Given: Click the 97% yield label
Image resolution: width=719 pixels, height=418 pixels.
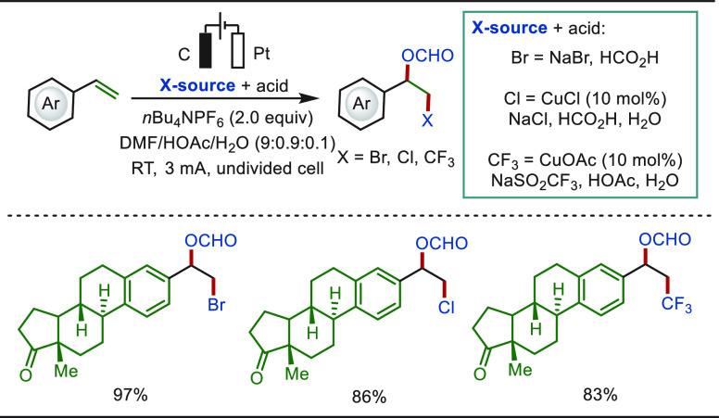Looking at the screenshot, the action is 131,395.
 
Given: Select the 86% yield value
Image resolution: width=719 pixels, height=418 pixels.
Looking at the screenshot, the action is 369,397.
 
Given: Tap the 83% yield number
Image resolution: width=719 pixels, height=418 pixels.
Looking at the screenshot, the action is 600,395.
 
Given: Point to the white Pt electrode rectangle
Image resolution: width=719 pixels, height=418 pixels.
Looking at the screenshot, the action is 237,50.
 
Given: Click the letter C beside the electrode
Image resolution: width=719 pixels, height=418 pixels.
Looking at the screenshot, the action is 183,55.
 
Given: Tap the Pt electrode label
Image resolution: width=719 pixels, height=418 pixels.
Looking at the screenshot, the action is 261,54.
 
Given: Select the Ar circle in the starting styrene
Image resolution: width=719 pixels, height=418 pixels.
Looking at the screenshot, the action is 50,103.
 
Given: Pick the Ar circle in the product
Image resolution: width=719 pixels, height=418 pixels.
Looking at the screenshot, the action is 361,103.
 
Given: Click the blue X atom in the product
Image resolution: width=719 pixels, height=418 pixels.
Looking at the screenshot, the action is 427,120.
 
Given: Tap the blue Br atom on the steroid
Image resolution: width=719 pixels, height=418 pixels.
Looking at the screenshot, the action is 216,305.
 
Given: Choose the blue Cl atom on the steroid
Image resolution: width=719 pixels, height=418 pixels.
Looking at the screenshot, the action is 447,308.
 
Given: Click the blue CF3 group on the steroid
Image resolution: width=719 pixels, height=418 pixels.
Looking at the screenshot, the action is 676,304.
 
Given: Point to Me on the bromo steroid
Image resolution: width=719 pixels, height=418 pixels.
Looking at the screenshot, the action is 66,371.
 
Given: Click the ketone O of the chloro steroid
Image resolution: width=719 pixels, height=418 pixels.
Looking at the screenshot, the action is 257,378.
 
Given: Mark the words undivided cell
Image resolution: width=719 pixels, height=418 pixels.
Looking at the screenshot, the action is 270,169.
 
